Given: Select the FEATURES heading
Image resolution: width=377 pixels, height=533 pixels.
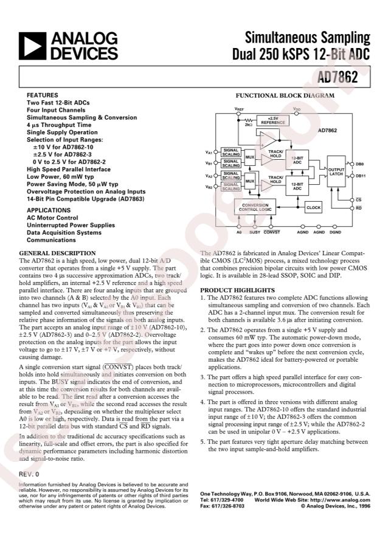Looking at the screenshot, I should point(43,96).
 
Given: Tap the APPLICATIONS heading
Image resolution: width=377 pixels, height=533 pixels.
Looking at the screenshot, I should point(49,210).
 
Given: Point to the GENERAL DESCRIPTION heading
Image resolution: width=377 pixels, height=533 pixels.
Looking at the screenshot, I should point(57,253).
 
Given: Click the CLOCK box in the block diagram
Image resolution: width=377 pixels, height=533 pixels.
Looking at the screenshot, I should point(313,208).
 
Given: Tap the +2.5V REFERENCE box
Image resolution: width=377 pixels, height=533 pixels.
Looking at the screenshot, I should point(273,120).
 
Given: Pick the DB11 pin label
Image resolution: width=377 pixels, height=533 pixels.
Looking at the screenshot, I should point(359,176).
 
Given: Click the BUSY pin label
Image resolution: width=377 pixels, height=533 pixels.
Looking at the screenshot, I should point(255,232).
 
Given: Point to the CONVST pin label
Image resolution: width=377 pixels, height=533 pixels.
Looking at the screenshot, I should point(272,232).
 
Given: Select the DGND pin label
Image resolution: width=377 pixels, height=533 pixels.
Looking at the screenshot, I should point(335,232).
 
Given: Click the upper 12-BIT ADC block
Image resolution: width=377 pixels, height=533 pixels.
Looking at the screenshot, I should point(297,160).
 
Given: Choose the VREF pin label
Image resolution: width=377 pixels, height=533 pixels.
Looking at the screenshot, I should point(240,108).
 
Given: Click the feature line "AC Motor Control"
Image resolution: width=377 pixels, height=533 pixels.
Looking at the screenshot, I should point(52,218).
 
